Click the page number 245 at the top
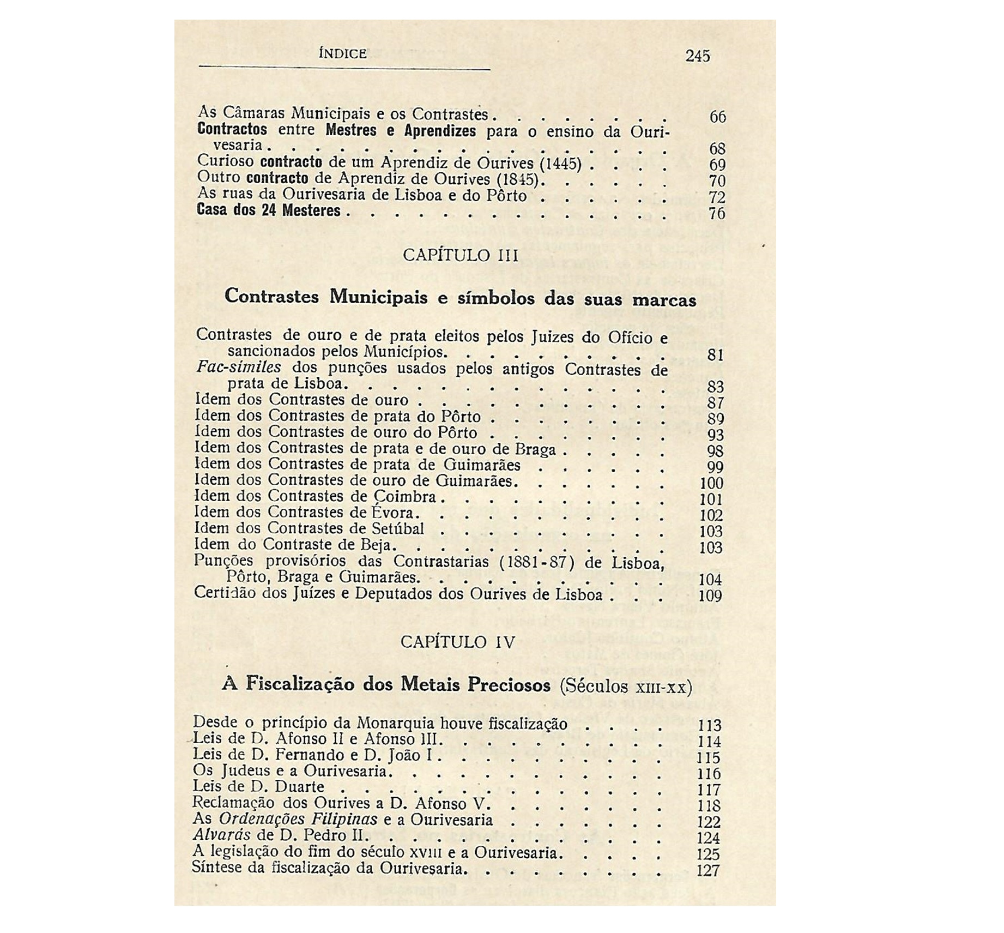(698, 56)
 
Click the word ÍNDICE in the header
(342, 53)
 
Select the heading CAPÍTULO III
(460, 255)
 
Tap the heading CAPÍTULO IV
(458, 642)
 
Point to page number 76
(717, 213)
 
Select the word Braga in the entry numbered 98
(535, 449)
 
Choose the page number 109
(710, 595)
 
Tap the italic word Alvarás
(214, 835)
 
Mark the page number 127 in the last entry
(708, 870)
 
